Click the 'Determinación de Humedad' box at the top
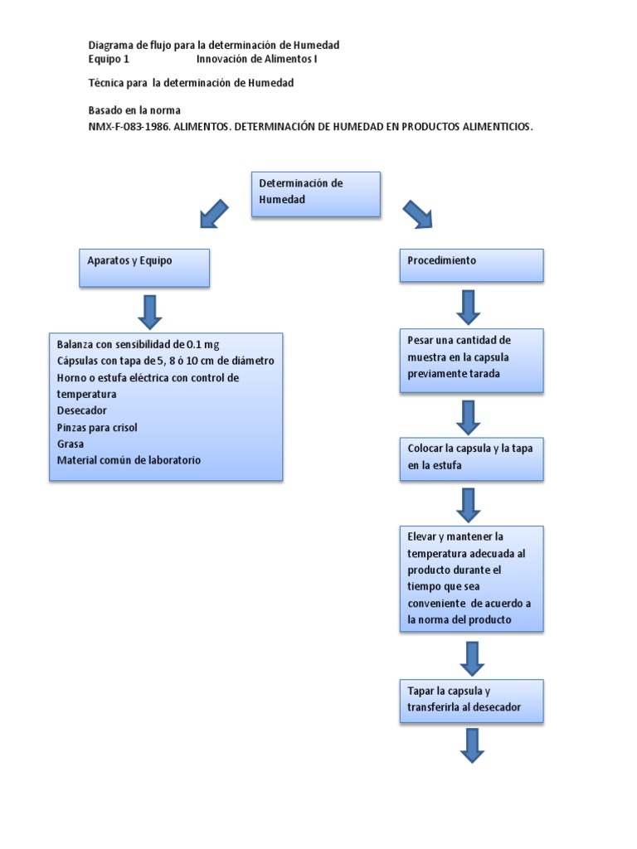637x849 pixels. (315, 194)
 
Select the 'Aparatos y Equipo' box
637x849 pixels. (144, 268)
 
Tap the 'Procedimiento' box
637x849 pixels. (471, 264)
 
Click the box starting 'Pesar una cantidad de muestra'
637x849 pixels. (471, 360)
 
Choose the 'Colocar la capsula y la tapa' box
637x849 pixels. (471, 458)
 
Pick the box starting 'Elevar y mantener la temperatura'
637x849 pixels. (471, 578)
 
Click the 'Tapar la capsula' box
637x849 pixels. (471, 701)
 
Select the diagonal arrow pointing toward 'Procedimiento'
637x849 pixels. (417, 214)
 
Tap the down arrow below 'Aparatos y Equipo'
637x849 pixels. (151, 311)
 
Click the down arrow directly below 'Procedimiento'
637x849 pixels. (469, 307)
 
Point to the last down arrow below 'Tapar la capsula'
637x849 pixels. (473, 745)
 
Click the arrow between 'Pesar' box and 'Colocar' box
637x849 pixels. (469, 417)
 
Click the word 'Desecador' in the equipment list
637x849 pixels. (81, 410)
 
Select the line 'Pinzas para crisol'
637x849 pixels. (97, 427)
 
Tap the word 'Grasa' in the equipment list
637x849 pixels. (71, 444)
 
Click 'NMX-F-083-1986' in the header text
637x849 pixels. (129, 127)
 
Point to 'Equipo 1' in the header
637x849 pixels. (109, 60)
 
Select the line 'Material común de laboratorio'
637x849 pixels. (129, 460)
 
